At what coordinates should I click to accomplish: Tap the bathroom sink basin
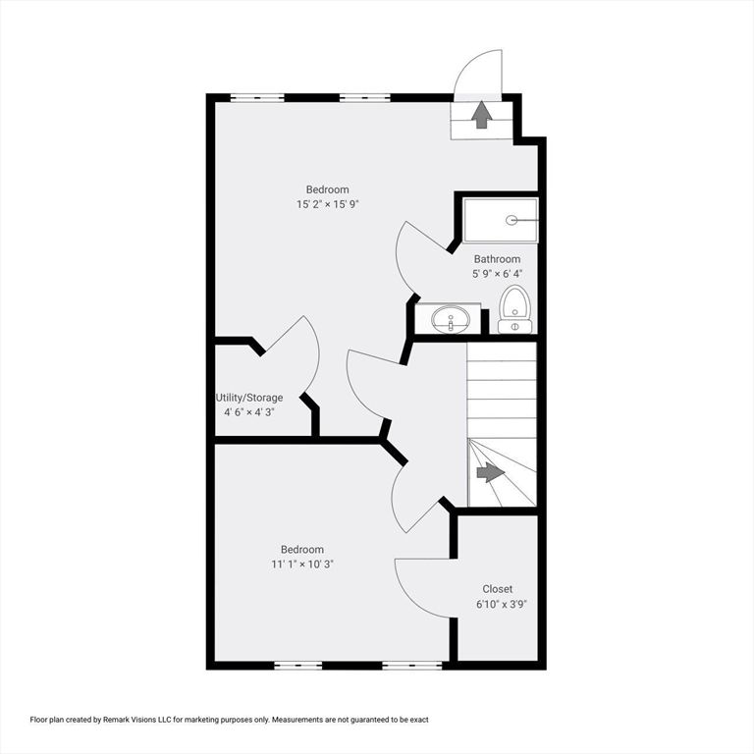451,319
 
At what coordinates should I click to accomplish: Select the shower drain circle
512,221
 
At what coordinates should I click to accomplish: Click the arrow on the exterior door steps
481,115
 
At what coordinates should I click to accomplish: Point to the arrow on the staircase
491,472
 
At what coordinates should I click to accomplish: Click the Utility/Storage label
249,398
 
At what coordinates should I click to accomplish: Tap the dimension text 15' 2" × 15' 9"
328,204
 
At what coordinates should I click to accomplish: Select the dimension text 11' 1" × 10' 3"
302,565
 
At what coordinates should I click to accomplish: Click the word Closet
497,589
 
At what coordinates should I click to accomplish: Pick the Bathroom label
497,259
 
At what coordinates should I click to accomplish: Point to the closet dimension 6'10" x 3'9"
502,605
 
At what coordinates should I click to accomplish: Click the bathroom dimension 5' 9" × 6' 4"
497,274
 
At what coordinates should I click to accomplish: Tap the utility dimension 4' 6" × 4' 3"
249,412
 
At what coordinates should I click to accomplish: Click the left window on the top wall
257,98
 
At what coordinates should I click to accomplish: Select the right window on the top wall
365,98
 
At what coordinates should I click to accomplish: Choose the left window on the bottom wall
298,666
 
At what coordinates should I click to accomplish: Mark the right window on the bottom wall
412,666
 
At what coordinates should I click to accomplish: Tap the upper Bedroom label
328,189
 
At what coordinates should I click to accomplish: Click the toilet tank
515,327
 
